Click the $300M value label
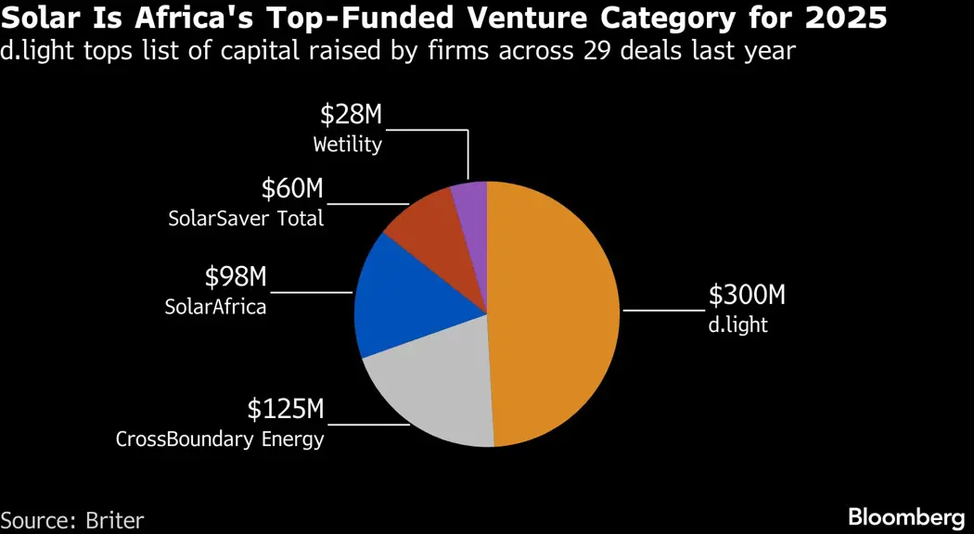(x=747, y=296)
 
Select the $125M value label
(x=286, y=409)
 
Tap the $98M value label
(x=235, y=276)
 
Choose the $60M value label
(x=292, y=189)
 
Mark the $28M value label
(x=351, y=115)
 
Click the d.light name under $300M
(x=738, y=325)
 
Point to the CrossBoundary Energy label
(x=220, y=439)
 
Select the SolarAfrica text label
(x=215, y=306)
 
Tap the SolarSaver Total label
(x=246, y=219)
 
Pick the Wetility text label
(x=347, y=145)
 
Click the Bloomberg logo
(x=906, y=516)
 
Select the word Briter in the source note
(x=114, y=520)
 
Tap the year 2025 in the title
(x=853, y=18)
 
